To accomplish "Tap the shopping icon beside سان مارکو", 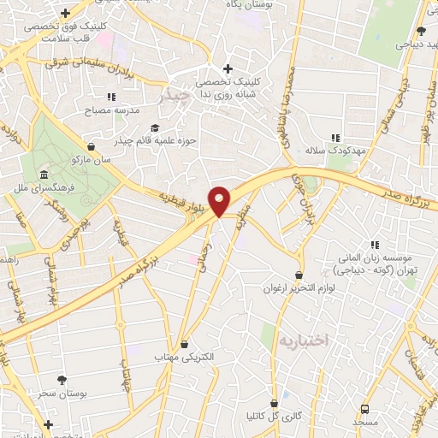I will coord(91,146).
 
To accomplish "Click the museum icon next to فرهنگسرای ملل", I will coord(44,174).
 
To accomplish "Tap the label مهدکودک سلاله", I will coord(337,150).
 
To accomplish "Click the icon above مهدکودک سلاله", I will coord(336,137).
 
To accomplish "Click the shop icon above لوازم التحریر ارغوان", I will coord(299,275).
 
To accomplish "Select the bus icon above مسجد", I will coord(364,410).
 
